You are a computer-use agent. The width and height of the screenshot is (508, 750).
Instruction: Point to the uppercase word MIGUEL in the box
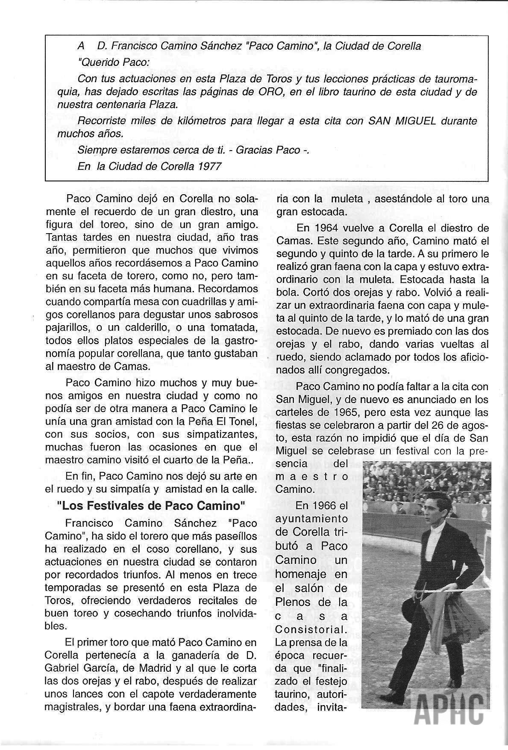click(x=414, y=121)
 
